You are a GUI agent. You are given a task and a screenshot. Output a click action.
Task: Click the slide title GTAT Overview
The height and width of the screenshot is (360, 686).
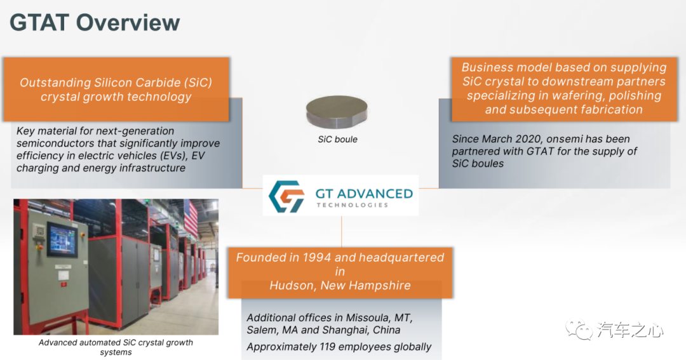[x=95, y=23]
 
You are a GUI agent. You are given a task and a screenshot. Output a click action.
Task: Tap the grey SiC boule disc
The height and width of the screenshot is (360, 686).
[x=337, y=112]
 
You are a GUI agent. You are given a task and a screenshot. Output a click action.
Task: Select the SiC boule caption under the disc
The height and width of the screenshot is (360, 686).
[x=337, y=140]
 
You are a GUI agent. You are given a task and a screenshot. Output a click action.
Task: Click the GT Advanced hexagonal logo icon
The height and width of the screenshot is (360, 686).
[x=286, y=196]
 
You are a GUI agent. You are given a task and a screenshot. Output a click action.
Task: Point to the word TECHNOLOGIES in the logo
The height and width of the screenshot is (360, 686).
[x=352, y=204]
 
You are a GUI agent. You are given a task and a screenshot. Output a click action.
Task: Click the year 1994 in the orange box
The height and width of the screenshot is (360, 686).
[x=316, y=257]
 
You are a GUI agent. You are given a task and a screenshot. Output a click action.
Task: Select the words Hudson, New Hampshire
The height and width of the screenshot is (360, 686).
[x=340, y=286]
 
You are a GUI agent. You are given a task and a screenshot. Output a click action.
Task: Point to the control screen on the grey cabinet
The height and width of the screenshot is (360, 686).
[x=62, y=239]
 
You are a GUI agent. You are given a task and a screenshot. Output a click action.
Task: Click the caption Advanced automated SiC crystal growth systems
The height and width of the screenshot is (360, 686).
[x=116, y=347]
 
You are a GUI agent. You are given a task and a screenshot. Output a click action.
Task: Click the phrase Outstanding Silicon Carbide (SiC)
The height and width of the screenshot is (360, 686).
[x=116, y=83]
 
